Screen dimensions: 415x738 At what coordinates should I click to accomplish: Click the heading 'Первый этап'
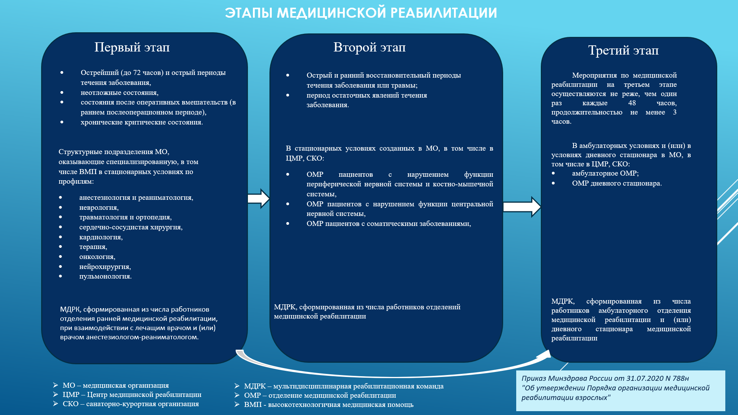coord(132,47)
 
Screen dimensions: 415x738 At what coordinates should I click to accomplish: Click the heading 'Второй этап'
coord(369,47)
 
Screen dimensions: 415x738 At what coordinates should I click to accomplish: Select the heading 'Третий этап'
coord(623,50)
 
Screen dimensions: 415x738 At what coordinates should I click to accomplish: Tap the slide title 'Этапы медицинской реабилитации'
coord(361,13)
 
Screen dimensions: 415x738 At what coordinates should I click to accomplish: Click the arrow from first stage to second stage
coord(259,199)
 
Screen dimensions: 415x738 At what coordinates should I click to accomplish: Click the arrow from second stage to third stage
coord(522,207)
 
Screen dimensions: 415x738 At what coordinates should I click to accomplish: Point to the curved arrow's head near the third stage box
coord(544,355)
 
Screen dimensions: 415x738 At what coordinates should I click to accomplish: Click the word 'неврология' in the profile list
coord(98,207)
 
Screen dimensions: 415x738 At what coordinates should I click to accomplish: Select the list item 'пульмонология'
coord(105,276)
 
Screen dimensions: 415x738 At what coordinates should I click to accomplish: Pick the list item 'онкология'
coord(97,257)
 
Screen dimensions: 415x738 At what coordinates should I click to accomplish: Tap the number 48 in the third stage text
coord(632,103)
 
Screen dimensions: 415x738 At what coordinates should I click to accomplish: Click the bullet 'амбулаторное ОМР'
coord(605,173)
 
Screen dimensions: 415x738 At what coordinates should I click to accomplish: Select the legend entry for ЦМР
coord(132,395)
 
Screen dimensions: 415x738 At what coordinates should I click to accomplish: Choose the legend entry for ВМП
coord(329,405)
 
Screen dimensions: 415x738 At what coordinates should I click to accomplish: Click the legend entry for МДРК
coord(343,386)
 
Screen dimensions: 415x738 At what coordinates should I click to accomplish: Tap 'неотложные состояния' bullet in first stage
coord(119,93)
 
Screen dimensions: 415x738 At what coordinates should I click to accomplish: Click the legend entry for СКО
coord(131,404)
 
